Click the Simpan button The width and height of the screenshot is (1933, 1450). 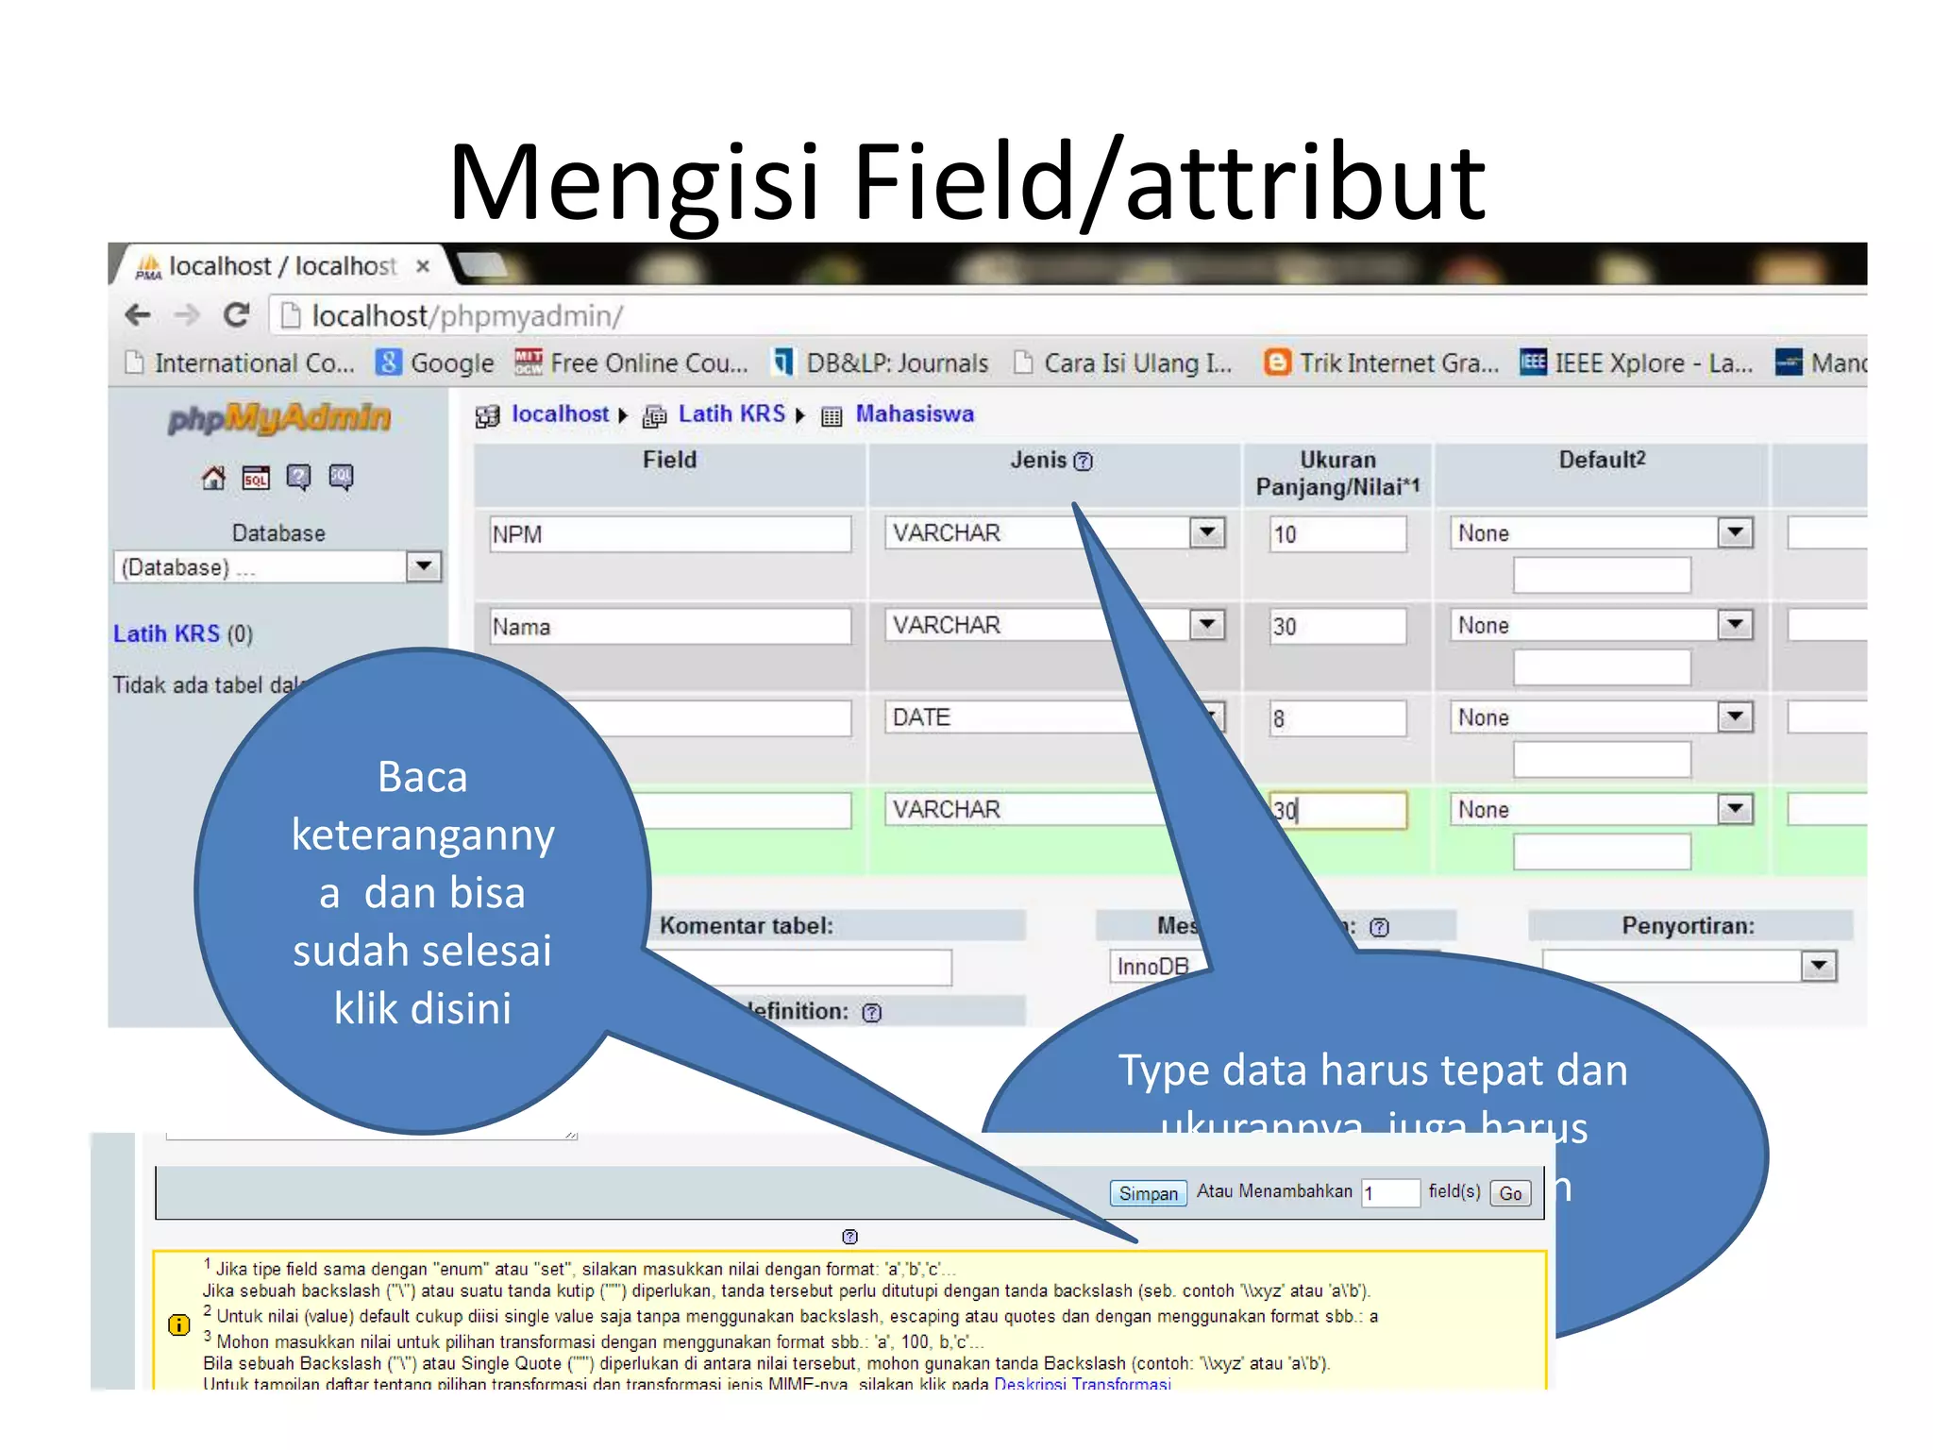click(x=1148, y=1193)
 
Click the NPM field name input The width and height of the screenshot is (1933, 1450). click(x=670, y=534)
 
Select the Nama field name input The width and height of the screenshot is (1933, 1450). click(x=670, y=627)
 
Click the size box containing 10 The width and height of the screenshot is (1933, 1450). click(x=1337, y=534)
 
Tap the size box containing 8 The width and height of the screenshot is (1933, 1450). click(x=1337, y=718)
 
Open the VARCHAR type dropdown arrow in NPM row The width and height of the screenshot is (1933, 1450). click(x=1207, y=532)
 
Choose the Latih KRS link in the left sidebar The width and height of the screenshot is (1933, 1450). click(x=166, y=633)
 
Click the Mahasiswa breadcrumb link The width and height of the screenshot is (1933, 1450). click(x=914, y=413)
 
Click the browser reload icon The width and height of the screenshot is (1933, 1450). click(x=236, y=315)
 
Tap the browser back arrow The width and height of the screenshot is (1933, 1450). click(x=139, y=315)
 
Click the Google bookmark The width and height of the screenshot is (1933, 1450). click(x=435, y=363)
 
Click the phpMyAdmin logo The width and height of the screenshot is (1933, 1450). click(x=279, y=417)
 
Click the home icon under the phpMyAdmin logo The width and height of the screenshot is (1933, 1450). click(x=214, y=478)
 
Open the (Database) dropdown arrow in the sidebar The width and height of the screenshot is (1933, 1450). click(x=424, y=566)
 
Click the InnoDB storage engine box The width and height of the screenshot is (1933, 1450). click(x=1152, y=966)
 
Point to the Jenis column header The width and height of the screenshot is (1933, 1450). click(x=1038, y=461)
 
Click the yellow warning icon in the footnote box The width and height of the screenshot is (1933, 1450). click(x=178, y=1324)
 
